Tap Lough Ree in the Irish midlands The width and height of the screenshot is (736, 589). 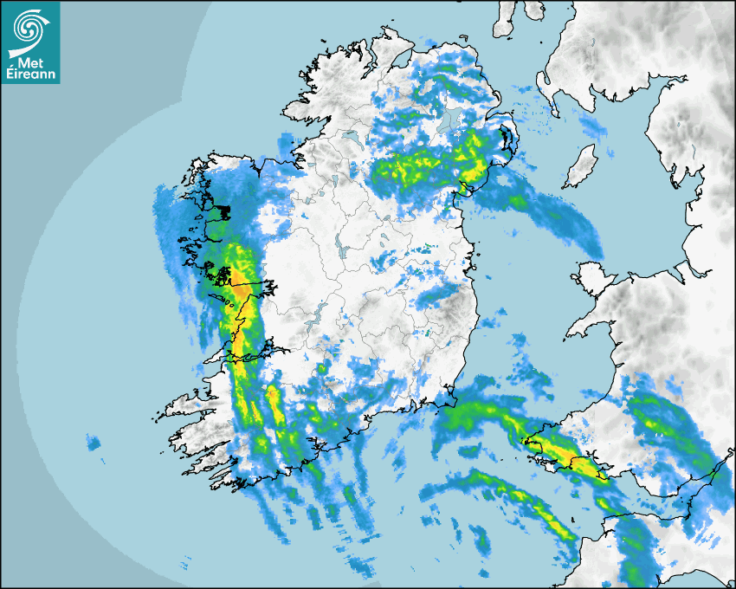click(345, 251)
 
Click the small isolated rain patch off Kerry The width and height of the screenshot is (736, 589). click(93, 443)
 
